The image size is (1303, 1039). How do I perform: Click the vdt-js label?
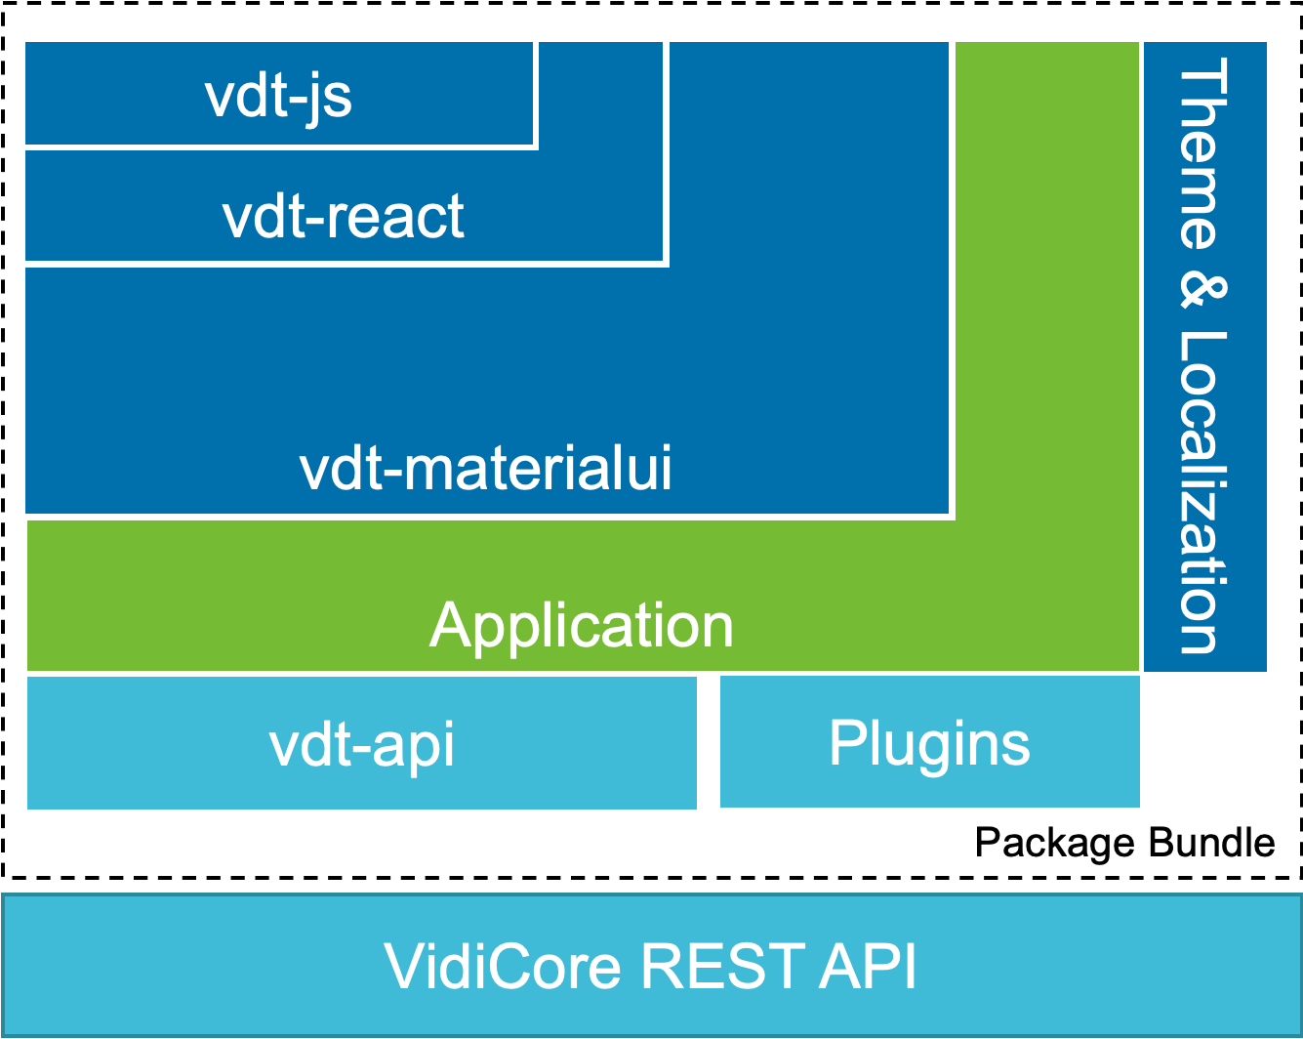278,96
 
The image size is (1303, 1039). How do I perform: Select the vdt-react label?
343,216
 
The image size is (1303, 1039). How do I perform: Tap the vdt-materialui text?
485,469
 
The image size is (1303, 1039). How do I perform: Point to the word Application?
581,625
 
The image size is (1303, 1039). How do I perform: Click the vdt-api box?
361,743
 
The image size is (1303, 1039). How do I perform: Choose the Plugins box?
929,743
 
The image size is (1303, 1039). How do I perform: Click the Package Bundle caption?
1124,843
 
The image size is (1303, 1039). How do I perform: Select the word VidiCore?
503,967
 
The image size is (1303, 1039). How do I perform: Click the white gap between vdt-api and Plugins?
709,743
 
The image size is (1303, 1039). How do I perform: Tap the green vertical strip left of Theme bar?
1045,293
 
